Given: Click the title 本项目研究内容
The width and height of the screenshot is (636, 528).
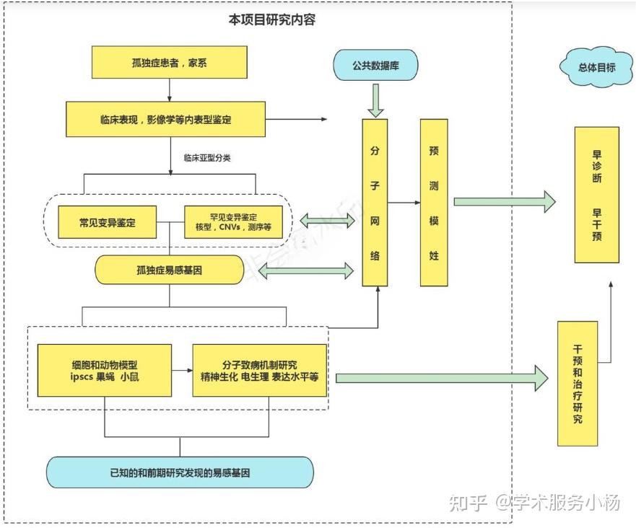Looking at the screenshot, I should tap(272, 20).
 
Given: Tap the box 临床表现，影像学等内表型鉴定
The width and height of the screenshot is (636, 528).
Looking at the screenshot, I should tap(166, 119).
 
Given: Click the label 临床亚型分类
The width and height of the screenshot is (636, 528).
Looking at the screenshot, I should tap(206, 158).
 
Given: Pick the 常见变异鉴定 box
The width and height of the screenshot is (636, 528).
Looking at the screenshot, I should tap(107, 222).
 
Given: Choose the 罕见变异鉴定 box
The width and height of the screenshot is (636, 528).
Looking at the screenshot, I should tap(229, 222).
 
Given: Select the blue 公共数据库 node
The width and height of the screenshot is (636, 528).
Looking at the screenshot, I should tap(375, 66).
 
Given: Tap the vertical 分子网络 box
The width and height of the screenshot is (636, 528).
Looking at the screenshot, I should tap(375, 202).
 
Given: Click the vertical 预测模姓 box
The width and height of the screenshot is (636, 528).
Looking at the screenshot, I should tap(434, 202).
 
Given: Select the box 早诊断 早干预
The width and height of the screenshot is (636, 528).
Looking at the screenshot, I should tap(596, 195).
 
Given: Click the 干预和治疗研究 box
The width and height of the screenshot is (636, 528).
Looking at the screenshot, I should tap(578, 384).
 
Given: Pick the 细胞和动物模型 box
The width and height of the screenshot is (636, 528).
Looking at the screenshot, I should tap(105, 370).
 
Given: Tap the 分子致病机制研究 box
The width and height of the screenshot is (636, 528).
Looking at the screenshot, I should tap(260, 370).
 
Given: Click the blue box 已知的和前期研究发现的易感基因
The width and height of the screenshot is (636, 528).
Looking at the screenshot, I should tap(180, 472).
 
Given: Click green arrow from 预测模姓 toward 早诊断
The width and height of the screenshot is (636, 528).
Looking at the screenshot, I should tap(504, 202).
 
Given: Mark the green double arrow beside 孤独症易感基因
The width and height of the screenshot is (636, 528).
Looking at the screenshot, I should tap(306, 271).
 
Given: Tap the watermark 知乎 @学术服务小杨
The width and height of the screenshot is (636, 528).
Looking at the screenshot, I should tap(534, 503).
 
